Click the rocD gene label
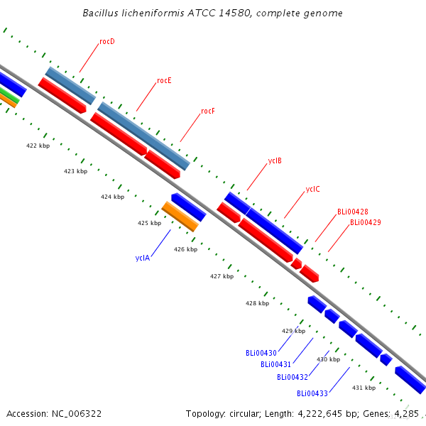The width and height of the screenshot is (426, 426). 107,41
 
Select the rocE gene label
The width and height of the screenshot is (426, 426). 164,80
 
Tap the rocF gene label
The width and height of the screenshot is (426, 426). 208,111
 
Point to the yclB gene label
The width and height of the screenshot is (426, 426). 275,161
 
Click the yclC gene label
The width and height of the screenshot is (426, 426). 312,189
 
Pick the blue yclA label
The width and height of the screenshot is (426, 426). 143,258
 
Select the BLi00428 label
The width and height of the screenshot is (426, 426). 353,212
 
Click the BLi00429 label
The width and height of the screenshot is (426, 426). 366,222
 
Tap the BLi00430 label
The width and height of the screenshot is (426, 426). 261,353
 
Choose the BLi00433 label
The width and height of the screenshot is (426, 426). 312,393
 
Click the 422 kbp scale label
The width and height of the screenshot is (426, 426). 38,146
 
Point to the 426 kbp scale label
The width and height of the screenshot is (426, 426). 185,249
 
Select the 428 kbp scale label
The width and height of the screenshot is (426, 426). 257,303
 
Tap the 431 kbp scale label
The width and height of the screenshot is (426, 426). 364,388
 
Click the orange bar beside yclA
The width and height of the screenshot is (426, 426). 180,217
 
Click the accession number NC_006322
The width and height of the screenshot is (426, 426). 77,414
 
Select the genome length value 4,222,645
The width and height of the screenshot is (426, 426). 319,414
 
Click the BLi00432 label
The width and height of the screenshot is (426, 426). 293,377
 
